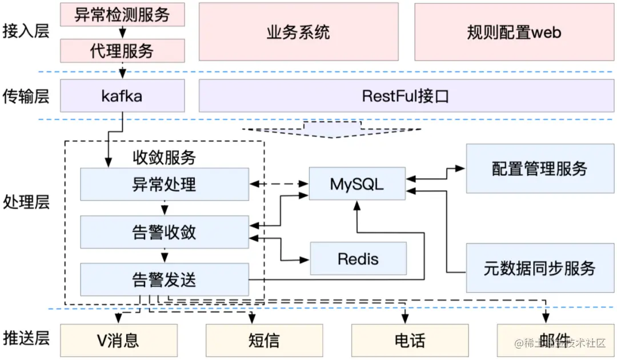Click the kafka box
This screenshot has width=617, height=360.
[122, 95]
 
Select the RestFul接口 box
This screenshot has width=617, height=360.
[406, 95]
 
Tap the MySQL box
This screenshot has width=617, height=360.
[357, 184]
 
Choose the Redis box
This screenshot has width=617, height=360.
[358, 258]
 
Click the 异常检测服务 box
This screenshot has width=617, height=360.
[122, 14]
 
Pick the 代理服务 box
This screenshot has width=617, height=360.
[122, 51]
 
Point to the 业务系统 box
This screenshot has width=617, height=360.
[299, 32]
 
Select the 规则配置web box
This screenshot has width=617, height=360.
[514, 32]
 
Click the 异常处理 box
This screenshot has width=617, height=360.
[165, 184]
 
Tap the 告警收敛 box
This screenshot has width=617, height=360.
[165, 232]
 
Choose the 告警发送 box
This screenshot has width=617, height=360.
[165, 280]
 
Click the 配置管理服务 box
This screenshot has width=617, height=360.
[540, 169]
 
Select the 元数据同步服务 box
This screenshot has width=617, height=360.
[540, 268]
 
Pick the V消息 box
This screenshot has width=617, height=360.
[119, 341]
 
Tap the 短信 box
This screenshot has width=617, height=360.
[265, 341]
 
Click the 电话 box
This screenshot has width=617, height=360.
[410, 341]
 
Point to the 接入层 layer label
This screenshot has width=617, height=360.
[26, 31]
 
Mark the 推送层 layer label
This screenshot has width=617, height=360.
[26, 338]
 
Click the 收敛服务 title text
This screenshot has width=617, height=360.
[164, 157]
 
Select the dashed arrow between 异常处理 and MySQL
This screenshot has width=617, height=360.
[279, 184]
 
